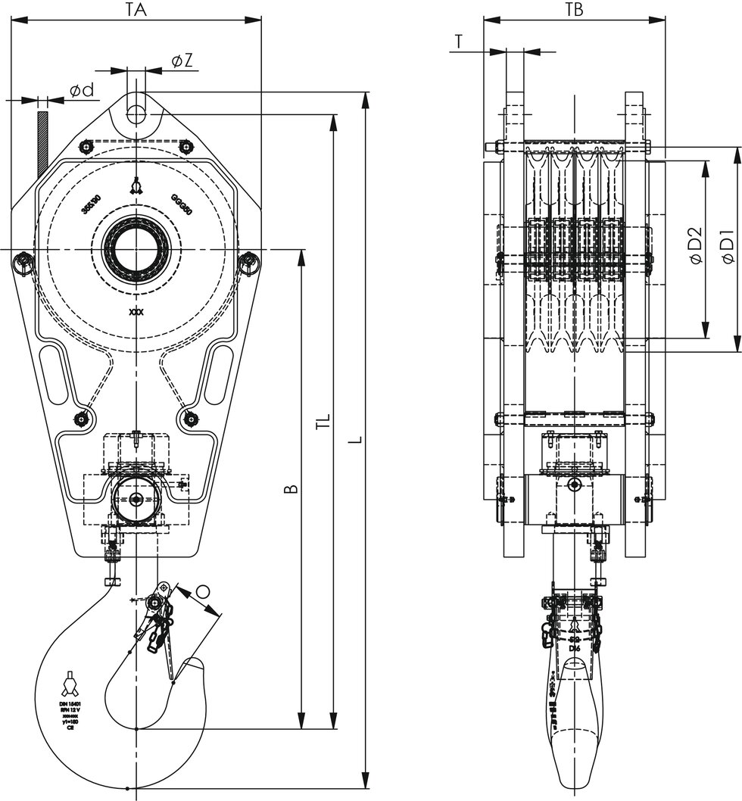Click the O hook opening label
tap(202, 590)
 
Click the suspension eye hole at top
tap(136, 114)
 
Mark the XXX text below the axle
tap(136, 311)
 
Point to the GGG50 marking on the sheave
tap(182, 204)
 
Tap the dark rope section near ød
tap(42, 140)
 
